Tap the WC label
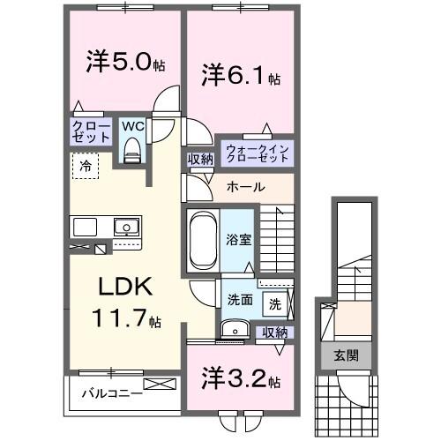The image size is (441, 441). coord(132,127)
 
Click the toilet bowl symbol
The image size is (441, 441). coord(132,152)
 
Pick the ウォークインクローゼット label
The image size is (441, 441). coord(257,153)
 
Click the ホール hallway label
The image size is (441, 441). coord(245,187)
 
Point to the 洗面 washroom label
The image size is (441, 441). coord(241,300)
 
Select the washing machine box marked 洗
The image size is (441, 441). coord(275,304)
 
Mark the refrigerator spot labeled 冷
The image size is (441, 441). coord(86,165)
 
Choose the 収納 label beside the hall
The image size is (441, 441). coord(199,159)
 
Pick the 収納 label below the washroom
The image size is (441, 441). coord(275,333)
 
